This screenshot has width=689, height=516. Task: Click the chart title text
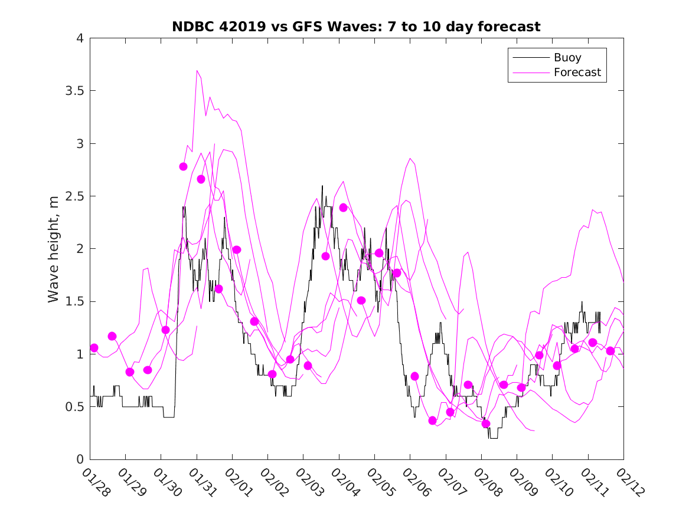coord(356,27)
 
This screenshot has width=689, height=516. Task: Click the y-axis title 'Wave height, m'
coord(54,249)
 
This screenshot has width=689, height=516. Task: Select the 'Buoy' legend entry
coord(567,58)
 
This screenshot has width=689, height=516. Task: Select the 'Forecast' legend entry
coord(577,73)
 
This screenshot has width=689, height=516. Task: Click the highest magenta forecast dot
coord(183,166)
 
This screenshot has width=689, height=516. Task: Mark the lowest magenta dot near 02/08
coord(486,423)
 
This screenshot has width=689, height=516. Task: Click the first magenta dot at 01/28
coord(94,348)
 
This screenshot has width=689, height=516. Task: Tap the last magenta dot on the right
coord(610,351)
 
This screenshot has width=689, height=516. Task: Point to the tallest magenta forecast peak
coord(197,70)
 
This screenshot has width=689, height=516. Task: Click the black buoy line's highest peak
coord(322,186)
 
